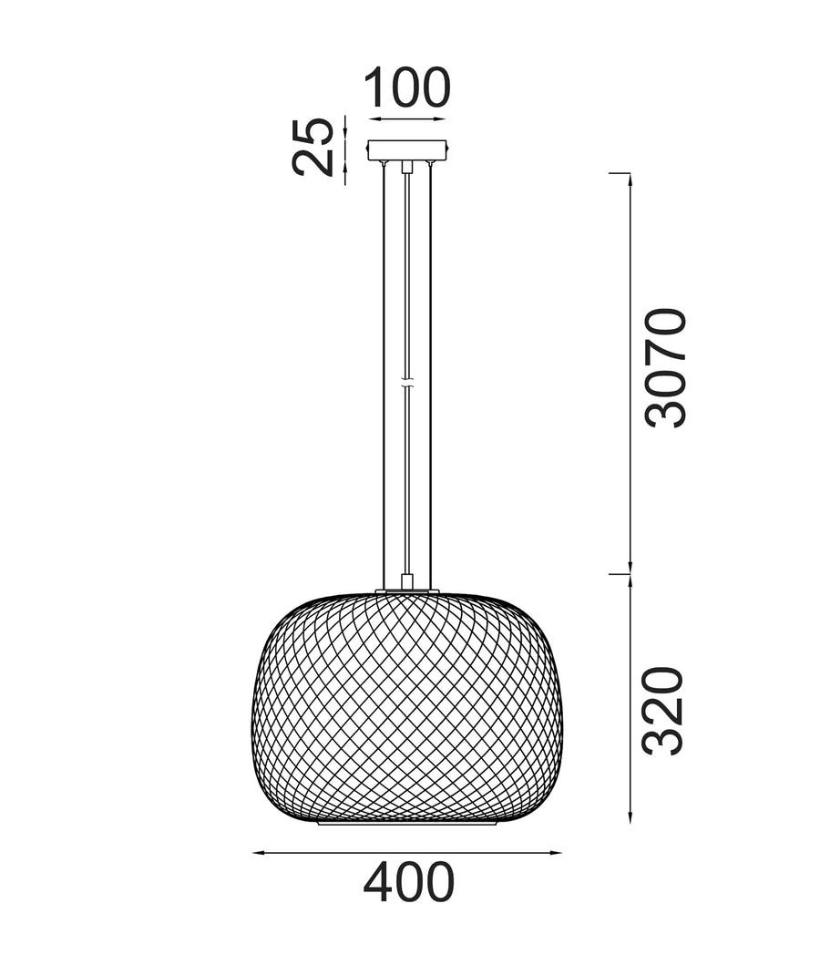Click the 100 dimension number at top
click(x=408, y=87)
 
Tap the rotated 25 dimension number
click(x=313, y=147)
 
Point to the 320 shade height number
click(x=663, y=711)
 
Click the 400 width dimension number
click(x=408, y=882)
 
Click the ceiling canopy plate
click(x=407, y=150)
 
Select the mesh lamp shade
click(x=407, y=708)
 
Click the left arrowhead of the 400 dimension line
click(x=260, y=852)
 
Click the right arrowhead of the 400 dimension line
click(x=556, y=852)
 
